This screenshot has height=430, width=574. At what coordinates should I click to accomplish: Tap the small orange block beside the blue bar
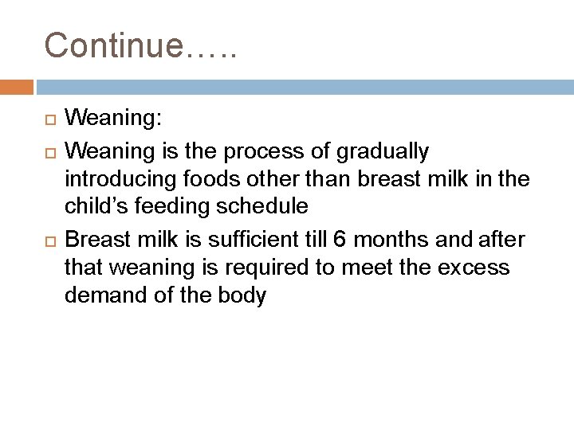point(17,86)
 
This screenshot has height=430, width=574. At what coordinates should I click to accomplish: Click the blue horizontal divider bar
point(303,86)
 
